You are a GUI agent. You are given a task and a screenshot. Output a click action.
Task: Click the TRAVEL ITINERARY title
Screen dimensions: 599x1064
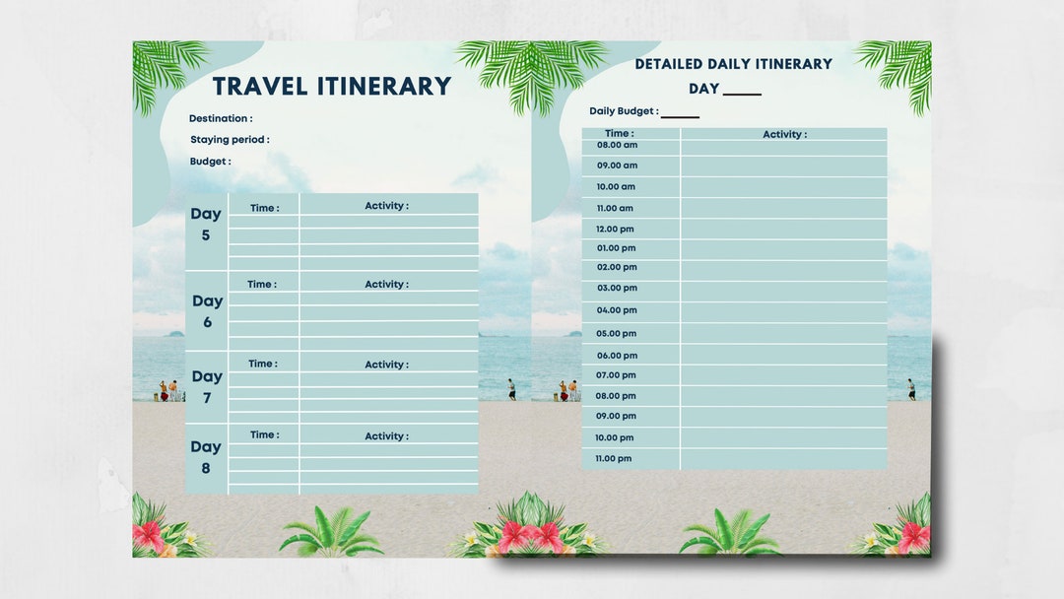[332, 87]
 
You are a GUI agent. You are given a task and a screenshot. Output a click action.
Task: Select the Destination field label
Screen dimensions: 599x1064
[221, 119]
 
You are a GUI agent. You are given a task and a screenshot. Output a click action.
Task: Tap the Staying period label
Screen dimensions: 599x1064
[230, 140]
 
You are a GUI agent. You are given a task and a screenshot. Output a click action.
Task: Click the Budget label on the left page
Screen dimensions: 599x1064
[211, 162]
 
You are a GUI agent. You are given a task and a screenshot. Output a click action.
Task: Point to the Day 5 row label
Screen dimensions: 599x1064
[206, 224]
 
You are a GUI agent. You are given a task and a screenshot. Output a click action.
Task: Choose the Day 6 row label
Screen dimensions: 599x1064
[207, 311]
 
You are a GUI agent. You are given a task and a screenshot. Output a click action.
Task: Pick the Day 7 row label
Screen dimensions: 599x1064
[207, 386]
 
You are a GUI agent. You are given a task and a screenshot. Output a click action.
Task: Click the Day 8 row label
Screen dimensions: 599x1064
[206, 457]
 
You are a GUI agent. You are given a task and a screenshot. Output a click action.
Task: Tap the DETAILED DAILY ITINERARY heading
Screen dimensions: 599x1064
[733, 64]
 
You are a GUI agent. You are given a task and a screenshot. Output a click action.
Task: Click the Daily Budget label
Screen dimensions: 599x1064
[624, 112]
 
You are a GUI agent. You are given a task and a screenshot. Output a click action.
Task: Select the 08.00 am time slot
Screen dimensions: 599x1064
[617, 145]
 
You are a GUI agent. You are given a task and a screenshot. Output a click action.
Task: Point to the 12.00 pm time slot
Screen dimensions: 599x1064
[615, 229]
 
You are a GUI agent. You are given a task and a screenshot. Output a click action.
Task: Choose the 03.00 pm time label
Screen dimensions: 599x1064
[617, 289]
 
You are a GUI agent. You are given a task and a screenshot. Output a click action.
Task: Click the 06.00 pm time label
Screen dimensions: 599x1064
[617, 356]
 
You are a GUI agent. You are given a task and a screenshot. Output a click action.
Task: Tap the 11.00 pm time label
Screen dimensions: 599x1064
[614, 459]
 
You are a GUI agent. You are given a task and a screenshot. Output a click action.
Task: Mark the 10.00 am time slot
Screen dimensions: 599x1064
[616, 187]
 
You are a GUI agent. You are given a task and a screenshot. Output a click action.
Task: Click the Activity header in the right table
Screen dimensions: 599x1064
[784, 135]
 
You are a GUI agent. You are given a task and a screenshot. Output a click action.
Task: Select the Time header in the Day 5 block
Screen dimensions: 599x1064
[264, 209]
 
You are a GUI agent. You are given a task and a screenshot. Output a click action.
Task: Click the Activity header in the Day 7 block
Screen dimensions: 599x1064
[386, 365]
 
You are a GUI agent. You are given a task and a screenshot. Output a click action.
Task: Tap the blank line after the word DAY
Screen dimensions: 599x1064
[742, 92]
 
